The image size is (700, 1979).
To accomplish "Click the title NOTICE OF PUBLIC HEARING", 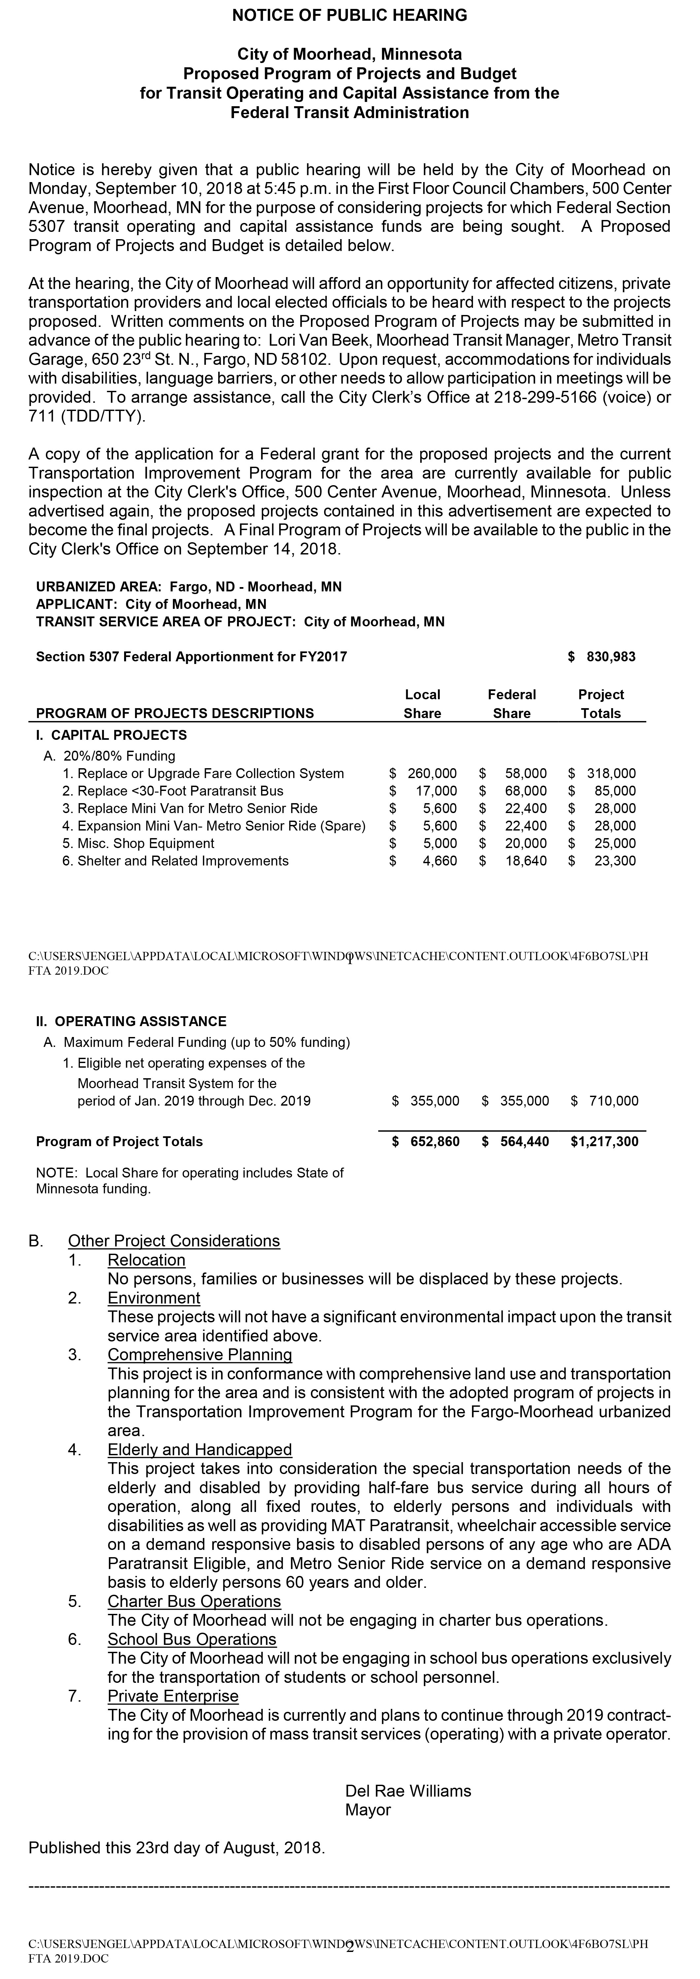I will (x=350, y=16).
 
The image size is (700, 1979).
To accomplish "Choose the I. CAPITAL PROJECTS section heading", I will (x=112, y=735).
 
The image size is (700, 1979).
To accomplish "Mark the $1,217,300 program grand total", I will (x=605, y=1142).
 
